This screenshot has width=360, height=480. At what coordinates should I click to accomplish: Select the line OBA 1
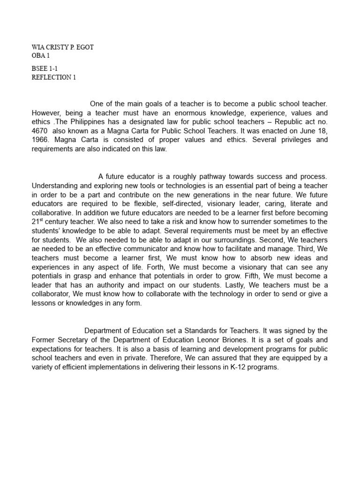pos(41,56)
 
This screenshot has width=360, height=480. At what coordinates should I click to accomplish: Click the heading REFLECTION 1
pos(53,77)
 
